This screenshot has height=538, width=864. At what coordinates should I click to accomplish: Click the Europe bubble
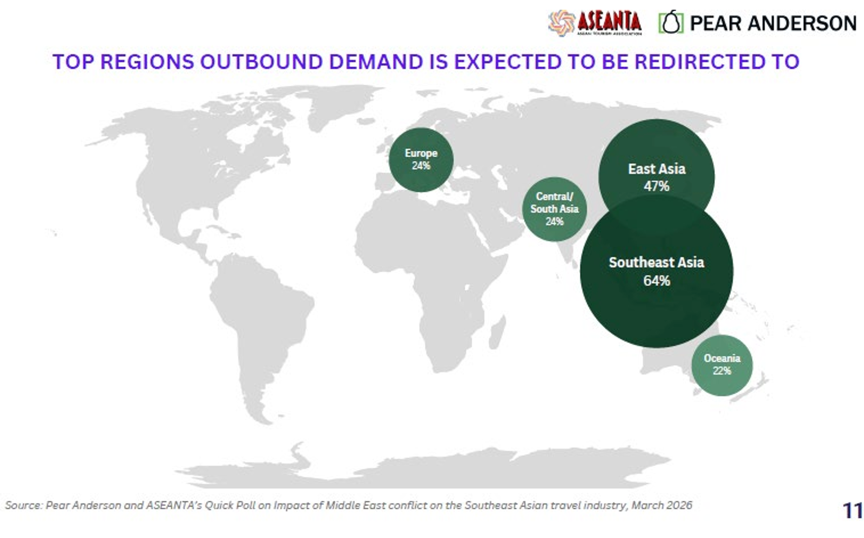421,160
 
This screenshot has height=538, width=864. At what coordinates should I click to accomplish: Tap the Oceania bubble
721,365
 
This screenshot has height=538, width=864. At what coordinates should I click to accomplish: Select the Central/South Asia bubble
554,209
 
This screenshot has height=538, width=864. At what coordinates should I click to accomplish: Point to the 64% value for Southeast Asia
657,280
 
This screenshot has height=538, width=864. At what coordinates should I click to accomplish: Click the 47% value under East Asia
657,186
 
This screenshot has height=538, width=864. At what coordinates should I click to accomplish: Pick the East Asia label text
657,169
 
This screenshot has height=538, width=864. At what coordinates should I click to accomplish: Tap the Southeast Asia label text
657,263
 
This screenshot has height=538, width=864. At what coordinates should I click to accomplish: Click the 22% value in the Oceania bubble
721,371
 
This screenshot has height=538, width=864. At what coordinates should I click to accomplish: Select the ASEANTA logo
595,23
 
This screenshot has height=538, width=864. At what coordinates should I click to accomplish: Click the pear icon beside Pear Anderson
671,22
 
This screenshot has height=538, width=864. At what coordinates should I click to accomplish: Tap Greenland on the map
340,104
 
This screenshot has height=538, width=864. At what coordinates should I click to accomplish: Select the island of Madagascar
497,332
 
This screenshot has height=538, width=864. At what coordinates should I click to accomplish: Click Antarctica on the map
424,469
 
